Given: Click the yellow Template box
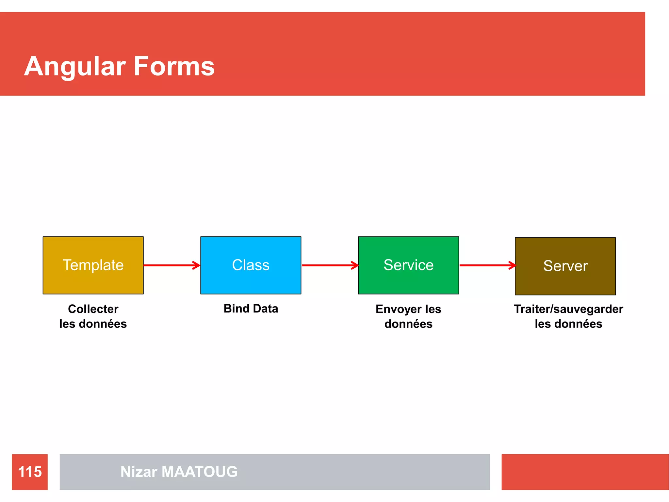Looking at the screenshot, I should tap(93, 281).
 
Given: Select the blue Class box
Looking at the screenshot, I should tap(251, 281).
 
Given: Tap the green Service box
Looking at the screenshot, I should tap(408, 281).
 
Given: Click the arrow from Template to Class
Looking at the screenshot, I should tap(171, 265).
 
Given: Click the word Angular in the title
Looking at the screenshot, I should tap(75, 66).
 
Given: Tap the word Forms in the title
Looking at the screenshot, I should tap(174, 66).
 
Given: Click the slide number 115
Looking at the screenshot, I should tap(30, 472).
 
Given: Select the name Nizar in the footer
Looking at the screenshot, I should tap(139, 472).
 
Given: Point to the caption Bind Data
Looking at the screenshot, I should tap(251, 309).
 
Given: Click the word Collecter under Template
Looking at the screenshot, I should tap(93, 309).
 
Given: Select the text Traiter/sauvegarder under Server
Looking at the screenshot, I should tap(568, 309).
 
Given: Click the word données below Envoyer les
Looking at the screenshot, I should tap(408, 324).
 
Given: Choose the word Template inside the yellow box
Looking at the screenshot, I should tap(93, 265).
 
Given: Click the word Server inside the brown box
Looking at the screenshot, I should tap(565, 266).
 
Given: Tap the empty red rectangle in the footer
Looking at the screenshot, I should tap(585, 472).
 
